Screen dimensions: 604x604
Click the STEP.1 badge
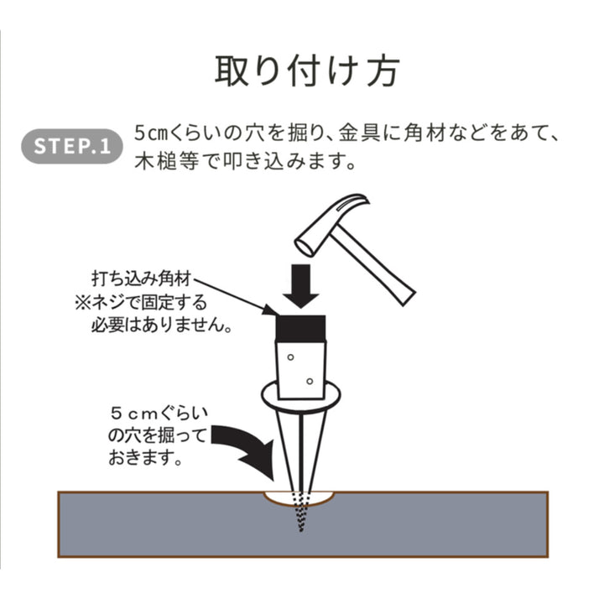pos(71,146)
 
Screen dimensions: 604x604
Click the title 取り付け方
pos(307,71)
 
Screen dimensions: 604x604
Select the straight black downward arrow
pos(301,286)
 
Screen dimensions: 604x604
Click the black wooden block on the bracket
pos(301,329)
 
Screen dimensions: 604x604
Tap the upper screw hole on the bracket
pos(291,357)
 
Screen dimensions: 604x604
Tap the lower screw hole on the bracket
pos(310,382)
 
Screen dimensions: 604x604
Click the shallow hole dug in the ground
pos(299,499)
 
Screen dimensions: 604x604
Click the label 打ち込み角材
pos(142,279)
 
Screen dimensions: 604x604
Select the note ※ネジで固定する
pos(141,302)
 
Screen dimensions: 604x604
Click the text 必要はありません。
pos(162,325)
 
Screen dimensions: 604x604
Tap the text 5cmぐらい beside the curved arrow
pos(159,414)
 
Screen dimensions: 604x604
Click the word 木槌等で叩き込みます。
pos(245,162)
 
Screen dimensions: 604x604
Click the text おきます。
pos(145,458)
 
